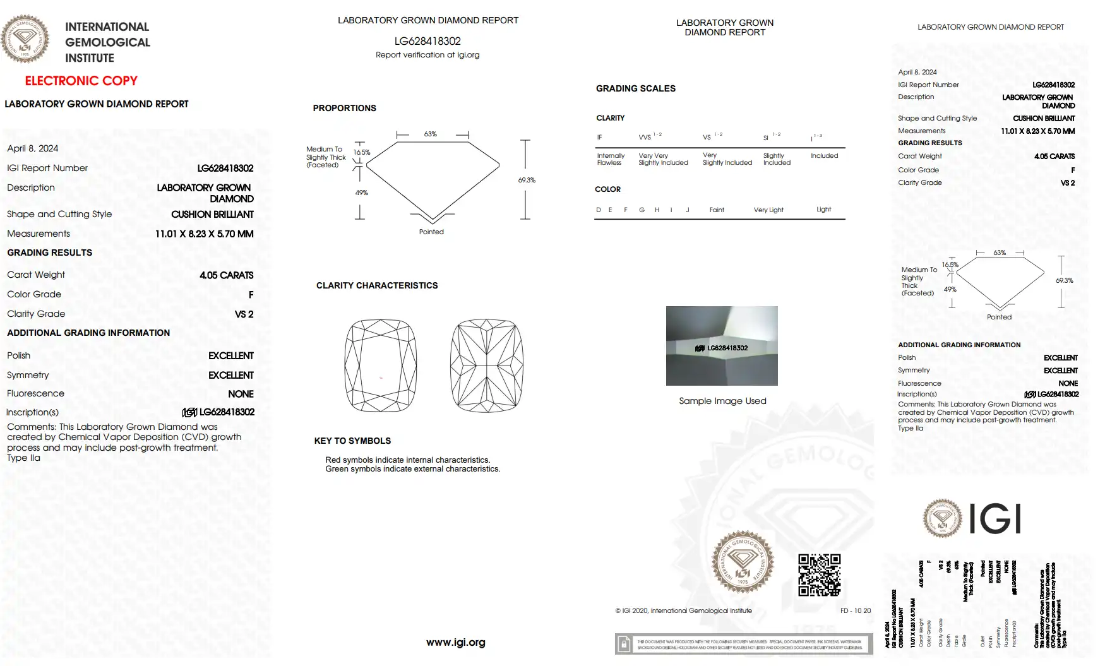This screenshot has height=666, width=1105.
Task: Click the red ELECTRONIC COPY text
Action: (81, 81)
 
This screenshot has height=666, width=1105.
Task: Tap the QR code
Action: (819, 574)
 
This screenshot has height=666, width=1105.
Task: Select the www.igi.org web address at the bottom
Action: (455, 642)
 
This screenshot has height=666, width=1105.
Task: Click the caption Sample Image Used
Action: (722, 401)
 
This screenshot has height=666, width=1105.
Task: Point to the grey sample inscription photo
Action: (722, 345)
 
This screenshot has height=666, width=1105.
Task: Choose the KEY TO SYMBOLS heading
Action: (352, 441)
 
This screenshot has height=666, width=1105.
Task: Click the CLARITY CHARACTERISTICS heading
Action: (377, 285)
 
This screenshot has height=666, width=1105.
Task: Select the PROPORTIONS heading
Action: (344, 108)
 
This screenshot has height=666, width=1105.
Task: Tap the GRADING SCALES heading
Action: (635, 88)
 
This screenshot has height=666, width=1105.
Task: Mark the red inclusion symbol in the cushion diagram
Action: (381, 378)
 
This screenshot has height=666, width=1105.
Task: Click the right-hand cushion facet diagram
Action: (486, 366)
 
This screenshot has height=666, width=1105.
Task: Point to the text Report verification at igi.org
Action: (427, 55)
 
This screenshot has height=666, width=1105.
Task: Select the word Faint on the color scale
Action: (717, 210)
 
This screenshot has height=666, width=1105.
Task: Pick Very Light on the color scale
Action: (768, 210)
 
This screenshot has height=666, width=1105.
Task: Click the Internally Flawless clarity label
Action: (611, 159)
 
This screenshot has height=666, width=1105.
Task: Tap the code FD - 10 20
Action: (855, 610)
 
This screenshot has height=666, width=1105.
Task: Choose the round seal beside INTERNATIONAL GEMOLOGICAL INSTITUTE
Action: (25, 39)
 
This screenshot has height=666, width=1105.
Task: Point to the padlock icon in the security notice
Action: (624, 644)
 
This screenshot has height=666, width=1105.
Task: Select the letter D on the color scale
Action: (599, 210)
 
